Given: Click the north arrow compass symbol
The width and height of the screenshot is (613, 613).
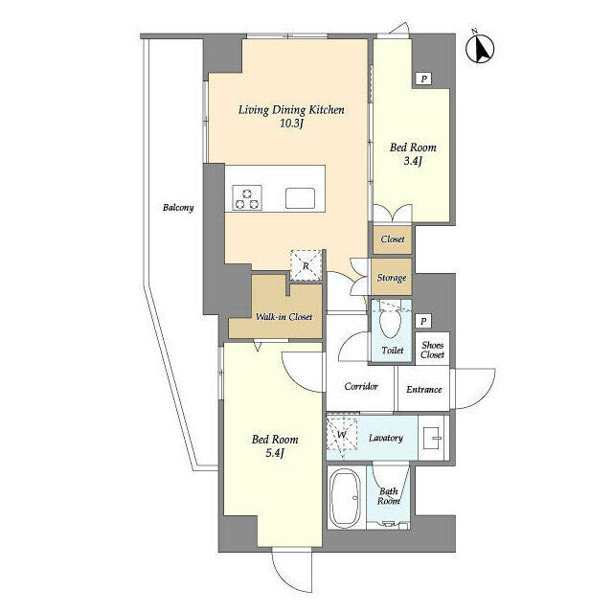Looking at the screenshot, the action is pyautogui.click(x=481, y=49).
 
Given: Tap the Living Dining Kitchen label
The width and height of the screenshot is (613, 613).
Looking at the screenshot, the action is pyautogui.click(x=291, y=110).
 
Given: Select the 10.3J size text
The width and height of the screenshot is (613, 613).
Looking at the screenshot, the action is pyautogui.click(x=291, y=124).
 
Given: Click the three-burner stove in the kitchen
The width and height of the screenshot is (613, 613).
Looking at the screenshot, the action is pyautogui.click(x=247, y=197).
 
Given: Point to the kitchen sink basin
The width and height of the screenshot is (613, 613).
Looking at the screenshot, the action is pyautogui.click(x=300, y=198).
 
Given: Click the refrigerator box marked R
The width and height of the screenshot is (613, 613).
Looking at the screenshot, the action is pyautogui.click(x=306, y=265).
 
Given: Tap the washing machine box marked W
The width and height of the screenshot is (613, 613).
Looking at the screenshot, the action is pyautogui.click(x=342, y=434).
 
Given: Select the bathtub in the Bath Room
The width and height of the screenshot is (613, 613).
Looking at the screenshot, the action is pyautogui.click(x=345, y=497).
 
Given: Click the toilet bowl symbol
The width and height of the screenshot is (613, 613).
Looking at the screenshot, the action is pyautogui.click(x=390, y=323).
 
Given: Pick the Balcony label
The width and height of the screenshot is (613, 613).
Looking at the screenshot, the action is pyautogui.click(x=178, y=207).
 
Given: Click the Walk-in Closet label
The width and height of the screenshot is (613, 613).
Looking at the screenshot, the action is pyautogui.click(x=284, y=317).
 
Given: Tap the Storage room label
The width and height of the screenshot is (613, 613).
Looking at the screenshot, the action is pyautogui.click(x=392, y=278).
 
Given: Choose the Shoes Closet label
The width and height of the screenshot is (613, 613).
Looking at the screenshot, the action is pyautogui.click(x=432, y=350).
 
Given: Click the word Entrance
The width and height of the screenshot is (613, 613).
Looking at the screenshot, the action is pyautogui.click(x=424, y=390).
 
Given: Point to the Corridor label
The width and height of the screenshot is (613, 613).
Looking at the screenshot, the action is pyautogui.click(x=361, y=386).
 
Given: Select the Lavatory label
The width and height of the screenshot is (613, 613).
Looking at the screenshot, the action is pyautogui.click(x=386, y=438).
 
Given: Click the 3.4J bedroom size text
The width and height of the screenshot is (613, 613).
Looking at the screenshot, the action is pyautogui.click(x=413, y=161).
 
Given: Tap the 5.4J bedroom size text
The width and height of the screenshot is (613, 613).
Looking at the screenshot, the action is pyautogui.click(x=275, y=453).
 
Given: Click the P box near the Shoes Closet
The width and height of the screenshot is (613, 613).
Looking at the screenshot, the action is pyautogui.click(x=423, y=322).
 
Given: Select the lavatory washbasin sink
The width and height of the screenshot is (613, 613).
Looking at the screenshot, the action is pyautogui.click(x=434, y=438).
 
